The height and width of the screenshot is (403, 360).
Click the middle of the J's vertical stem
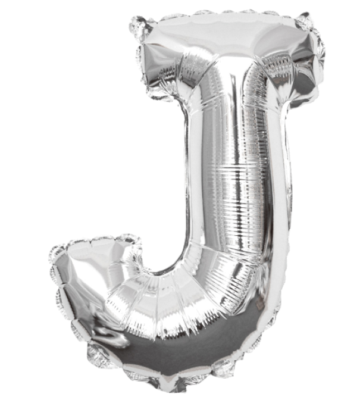point(232,179)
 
